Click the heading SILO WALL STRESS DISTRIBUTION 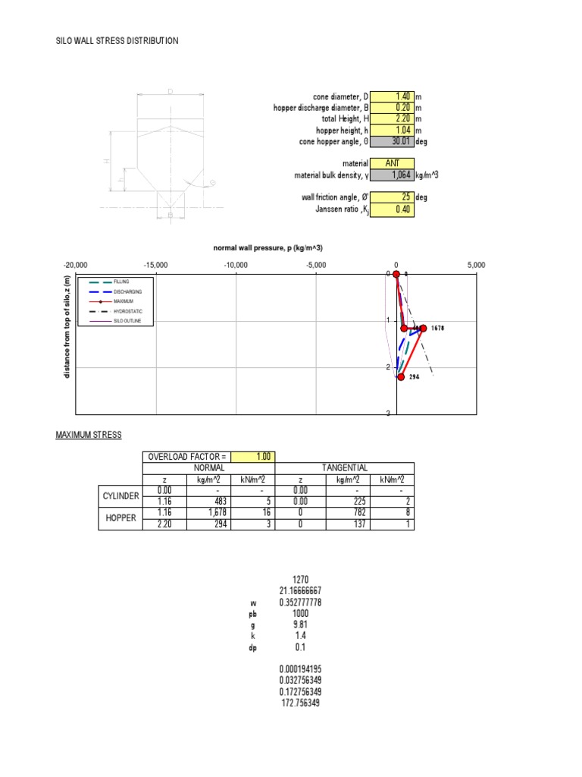(117, 40)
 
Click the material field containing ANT (392, 163)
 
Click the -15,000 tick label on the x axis (156, 264)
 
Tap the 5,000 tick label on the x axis (476, 264)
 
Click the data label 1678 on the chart (437, 329)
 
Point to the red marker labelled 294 (401, 376)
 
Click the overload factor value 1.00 (254, 456)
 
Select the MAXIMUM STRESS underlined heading (89, 435)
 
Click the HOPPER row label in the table (120, 517)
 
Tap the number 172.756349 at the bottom (301, 703)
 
